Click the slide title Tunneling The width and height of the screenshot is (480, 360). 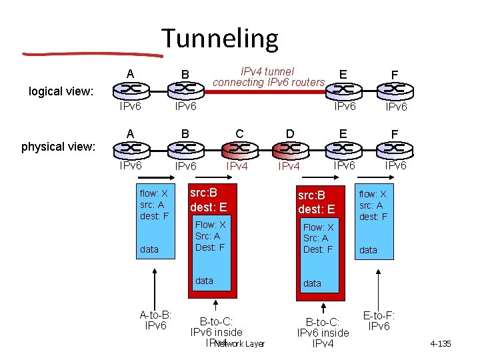point(219,38)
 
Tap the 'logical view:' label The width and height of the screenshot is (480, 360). point(61,91)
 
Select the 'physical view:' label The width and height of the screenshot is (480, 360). point(58,146)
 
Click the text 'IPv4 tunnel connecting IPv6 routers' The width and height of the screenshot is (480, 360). point(268,77)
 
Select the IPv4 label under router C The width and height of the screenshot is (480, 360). point(238,166)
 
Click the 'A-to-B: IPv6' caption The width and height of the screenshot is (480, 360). point(155,320)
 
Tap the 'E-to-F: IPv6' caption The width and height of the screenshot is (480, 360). point(379,321)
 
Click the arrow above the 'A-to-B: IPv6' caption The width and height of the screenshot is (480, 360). point(155,287)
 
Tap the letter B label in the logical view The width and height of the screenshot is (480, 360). point(185,74)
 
